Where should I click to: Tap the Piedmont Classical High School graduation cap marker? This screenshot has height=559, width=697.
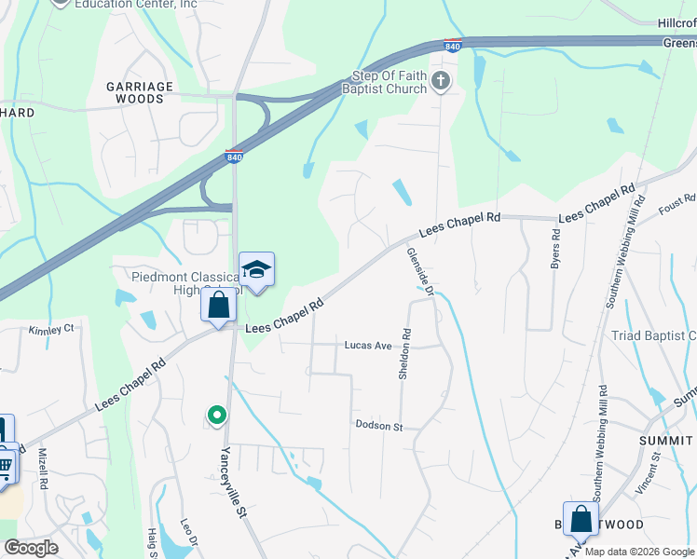pos(256,270)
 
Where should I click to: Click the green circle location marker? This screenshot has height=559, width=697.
pos(216,415)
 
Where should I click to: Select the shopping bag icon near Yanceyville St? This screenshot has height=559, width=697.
pos(218,305)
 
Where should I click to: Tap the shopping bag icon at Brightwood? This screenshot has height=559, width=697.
pos(581,519)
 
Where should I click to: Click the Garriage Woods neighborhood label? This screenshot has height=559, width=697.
pos(140,93)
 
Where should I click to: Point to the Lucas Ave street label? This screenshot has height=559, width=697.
pos(367,345)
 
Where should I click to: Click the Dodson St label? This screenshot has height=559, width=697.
pos(378,426)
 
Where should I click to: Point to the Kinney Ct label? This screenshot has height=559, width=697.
pos(50,330)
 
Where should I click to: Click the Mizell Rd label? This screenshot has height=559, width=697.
pos(43,468)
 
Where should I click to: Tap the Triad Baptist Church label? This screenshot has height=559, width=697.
pos(651,336)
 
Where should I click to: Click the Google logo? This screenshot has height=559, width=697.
pos(31,548)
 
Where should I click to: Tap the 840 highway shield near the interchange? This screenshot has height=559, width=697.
pos(234,157)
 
